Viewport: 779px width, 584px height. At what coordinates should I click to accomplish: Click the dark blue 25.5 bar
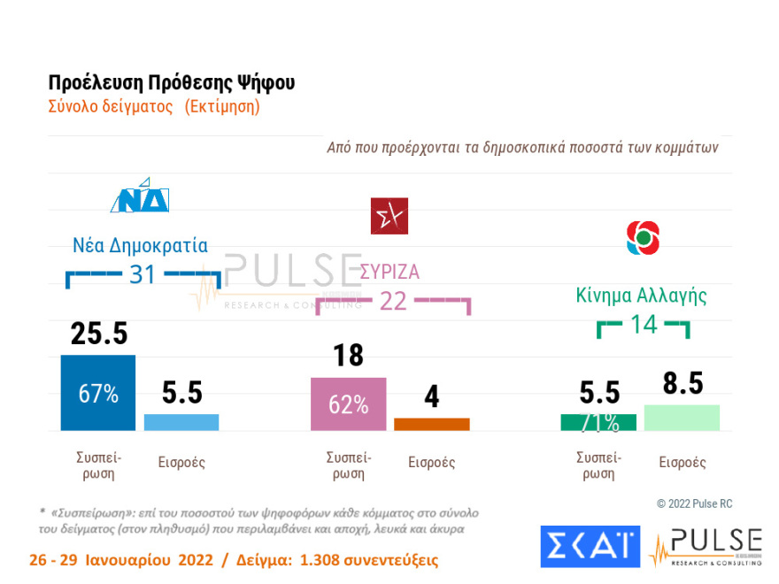97,393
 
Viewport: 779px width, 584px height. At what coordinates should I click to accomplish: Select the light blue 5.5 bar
181,422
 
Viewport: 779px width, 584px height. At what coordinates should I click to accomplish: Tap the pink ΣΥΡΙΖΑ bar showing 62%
348,403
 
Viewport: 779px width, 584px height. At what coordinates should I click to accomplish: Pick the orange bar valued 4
431,424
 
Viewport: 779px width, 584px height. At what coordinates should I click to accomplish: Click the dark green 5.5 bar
598,422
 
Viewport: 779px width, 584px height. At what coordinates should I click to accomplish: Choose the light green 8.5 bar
682,418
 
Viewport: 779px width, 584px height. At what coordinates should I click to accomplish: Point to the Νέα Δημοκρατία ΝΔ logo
140,197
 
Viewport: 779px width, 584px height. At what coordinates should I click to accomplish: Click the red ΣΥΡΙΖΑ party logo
389,216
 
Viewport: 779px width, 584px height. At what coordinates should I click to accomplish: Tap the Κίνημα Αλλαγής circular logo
643,236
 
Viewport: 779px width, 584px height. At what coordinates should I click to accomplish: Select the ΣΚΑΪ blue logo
589,546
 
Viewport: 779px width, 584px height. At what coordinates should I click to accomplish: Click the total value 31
143,275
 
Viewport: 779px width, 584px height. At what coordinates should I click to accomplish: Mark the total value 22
392,301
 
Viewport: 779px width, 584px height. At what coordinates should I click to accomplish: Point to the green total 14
644,325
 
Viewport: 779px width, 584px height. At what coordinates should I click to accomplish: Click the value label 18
349,356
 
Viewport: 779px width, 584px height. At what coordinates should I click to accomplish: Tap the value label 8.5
683,384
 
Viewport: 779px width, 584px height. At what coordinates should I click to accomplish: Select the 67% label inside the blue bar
97,395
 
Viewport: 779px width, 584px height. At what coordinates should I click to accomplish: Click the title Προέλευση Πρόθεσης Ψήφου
171,83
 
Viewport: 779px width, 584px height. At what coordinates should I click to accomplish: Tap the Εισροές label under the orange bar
431,462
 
